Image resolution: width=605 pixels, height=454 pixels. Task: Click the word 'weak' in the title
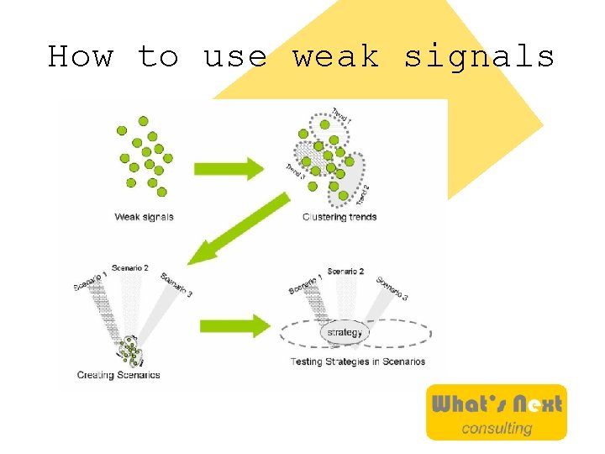point(334,56)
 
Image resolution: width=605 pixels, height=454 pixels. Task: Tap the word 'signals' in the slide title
point(479,56)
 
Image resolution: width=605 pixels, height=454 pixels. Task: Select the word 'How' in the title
point(81,56)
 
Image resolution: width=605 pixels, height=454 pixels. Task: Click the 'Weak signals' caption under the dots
point(144,217)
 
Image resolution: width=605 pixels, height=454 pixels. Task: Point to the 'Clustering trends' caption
point(339,217)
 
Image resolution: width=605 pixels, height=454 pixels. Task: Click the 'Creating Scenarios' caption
point(118,374)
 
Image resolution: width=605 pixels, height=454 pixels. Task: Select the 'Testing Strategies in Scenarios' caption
point(358,362)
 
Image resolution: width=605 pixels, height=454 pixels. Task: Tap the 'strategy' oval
point(345,333)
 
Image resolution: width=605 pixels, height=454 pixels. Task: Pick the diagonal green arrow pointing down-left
point(239,227)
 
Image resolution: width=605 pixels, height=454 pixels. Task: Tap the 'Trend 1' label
point(341,115)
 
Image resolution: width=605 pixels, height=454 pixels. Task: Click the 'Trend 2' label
point(364,194)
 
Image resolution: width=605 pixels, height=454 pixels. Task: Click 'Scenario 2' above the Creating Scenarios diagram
point(133,268)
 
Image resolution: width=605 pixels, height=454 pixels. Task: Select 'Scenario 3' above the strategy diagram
point(392,288)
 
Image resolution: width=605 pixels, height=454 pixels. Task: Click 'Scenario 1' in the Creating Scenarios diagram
point(91,281)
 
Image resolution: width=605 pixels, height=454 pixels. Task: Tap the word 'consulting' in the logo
point(497,427)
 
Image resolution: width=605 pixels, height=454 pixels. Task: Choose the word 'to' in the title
point(158,56)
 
